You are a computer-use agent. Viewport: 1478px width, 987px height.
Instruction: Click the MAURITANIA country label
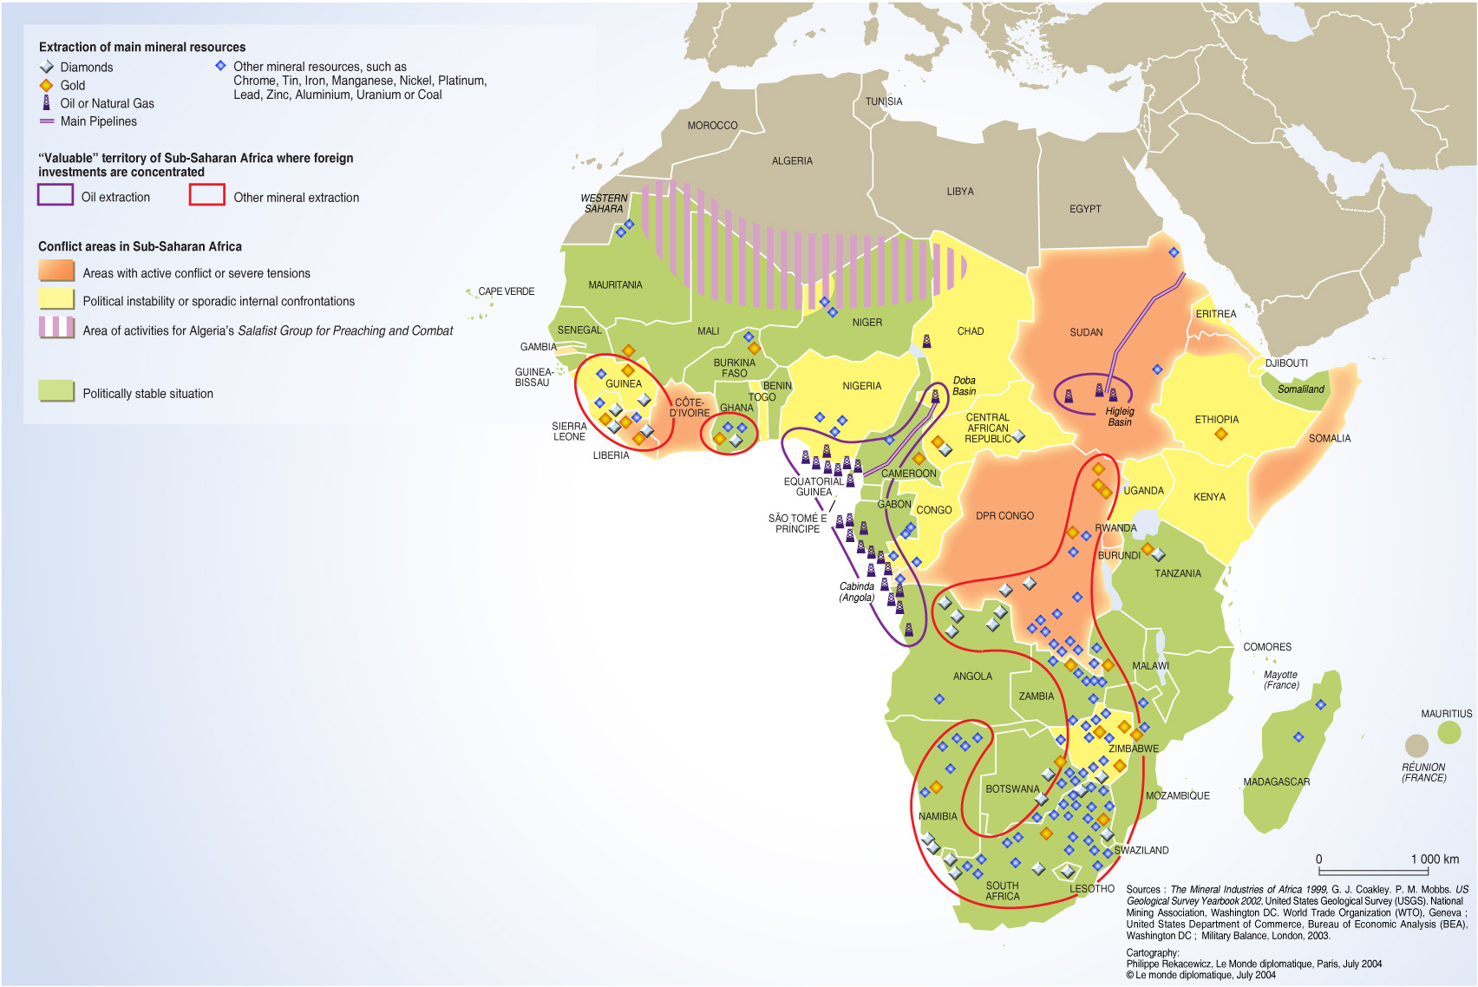tap(615, 284)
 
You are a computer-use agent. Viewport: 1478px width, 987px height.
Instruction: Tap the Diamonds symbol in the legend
tap(47, 67)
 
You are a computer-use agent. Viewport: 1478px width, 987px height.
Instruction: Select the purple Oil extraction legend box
tap(55, 195)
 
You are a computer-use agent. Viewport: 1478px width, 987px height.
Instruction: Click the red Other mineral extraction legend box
tap(207, 195)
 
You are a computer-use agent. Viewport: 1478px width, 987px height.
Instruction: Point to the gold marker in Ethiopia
tap(1220, 434)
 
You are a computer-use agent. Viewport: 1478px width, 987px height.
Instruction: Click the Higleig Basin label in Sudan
tap(1119, 416)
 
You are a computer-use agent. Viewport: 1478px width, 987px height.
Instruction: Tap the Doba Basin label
tap(964, 386)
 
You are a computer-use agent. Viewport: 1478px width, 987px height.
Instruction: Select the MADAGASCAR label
tap(1276, 781)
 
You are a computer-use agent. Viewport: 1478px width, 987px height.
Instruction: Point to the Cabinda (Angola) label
tap(856, 592)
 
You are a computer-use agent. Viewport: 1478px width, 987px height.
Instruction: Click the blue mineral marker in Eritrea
tap(1174, 252)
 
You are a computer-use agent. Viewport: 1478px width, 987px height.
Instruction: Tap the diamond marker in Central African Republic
tap(1018, 436)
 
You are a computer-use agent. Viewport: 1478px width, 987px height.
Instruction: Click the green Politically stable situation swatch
tap(56, 391)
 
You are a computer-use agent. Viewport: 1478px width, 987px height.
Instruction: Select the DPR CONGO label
tap(1004, 515)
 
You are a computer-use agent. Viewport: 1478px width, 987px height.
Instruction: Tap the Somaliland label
tap(1300, 389)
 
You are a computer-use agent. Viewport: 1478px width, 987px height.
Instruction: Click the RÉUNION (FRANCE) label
tap(1423, 772)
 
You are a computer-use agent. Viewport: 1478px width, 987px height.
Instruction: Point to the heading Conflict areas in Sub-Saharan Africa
tap(140, 246)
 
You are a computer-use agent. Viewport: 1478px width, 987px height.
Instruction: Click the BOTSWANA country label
tap(1011, 788)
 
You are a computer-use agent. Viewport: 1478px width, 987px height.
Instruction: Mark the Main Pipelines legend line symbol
tap(47, 121)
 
